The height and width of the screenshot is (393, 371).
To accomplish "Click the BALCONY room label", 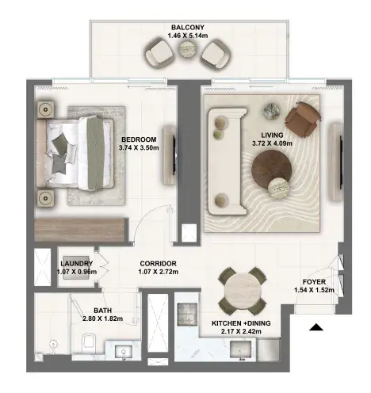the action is tap(188, 27).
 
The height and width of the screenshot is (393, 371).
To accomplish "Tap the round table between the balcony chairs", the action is tap(188, 49).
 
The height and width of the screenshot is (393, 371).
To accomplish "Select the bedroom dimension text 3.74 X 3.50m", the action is tap(139, 147).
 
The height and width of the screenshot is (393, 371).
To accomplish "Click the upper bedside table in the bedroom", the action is tap(46, 109).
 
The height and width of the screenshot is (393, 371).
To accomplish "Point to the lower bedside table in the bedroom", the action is tap(46, 197).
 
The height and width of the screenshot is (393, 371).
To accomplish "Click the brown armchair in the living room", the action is tap(303, 120).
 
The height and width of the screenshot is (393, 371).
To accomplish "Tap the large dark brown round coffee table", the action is tap(272, 170).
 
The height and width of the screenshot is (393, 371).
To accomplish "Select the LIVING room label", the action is tap(272, 135).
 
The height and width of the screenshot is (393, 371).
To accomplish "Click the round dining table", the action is tap(243, 291).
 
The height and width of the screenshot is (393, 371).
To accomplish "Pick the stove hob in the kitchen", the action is tap(187, 314).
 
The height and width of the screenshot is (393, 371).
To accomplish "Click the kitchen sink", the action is tap(240, 350).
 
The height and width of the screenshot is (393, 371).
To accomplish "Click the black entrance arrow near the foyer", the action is tap(316, 327).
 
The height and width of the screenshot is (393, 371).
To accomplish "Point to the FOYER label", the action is tap(314, 282).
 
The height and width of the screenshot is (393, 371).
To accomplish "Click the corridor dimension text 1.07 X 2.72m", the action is tap(159, 272).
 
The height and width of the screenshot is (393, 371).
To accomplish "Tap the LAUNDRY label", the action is tap(77, 263).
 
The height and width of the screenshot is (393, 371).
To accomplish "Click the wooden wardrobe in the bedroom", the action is tap(79, 230).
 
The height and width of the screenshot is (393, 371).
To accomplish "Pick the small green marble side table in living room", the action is tap(272, 110).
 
